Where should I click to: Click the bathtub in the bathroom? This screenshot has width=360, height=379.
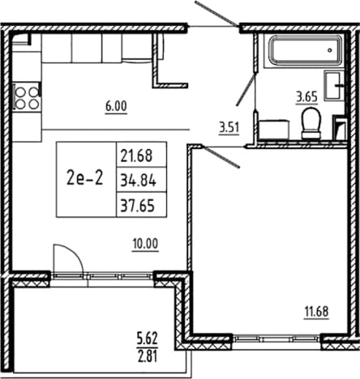(305, 50)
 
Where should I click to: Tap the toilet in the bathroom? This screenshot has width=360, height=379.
(311, 123)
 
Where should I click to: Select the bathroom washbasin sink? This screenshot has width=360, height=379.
(334, 85)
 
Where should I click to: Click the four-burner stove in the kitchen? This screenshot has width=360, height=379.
(27, 97)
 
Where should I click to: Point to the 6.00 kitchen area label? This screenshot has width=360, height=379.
(116, 107)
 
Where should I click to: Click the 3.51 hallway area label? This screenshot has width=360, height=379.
(229, 128)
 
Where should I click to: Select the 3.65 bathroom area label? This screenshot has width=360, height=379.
(306, 97)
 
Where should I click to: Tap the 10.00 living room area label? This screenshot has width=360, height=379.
(145, 245)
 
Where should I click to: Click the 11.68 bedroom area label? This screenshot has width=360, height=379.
(316, 312)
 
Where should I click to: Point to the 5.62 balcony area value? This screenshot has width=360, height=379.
(147, 339)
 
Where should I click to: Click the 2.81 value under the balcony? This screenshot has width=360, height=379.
(147, 356)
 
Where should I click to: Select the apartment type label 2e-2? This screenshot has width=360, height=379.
(85, 178)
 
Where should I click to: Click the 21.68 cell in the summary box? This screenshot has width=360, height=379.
(136, 156)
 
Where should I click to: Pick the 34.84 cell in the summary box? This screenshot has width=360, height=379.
(138, 181)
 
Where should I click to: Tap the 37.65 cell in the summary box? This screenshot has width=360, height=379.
(138, 206)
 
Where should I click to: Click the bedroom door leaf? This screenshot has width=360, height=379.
(221, 157)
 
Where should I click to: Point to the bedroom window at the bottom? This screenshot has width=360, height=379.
(276, 339)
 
